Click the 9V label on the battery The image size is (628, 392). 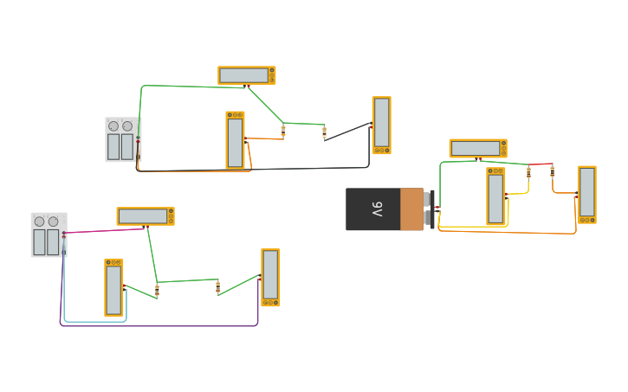point(378,209)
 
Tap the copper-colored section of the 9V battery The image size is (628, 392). point(411,209)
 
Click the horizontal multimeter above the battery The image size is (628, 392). point(477,148)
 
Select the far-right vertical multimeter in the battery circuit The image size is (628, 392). point(587,194)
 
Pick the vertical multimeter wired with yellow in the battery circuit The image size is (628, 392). point(495,196)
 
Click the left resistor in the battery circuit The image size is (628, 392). point(528,172)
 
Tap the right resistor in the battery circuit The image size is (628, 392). point(552,171)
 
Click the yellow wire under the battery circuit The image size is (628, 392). point(472,227)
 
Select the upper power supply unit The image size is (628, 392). point(122,139)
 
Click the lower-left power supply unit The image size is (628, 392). point(49,235)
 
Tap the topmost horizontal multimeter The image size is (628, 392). point(246,75)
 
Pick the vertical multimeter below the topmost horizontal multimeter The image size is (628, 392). point(235,139)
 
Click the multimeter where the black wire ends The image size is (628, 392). point(381,125)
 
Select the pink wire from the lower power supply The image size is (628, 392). point(104,230)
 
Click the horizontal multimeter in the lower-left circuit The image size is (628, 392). point(145,215)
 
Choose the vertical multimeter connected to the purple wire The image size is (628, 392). point(270,277)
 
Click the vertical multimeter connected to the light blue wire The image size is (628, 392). point(113,287)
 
